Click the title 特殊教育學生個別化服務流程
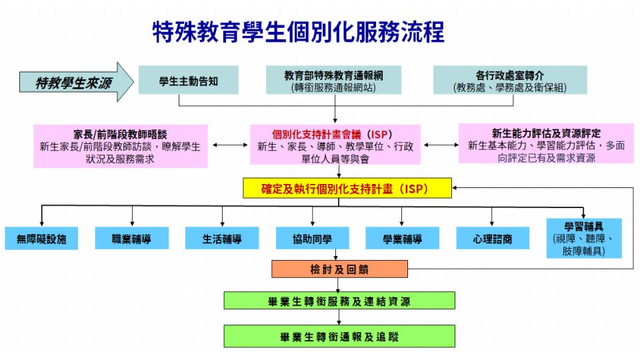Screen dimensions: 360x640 coord(298,32)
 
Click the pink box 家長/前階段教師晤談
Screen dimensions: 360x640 coord(116,145)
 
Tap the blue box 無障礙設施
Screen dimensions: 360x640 coord(42,239)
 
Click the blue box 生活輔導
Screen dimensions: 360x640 coord(221,239)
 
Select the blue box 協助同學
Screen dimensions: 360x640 coord(311,239)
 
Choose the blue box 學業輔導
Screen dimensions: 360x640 coord(402,239)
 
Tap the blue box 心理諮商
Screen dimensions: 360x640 coord(493,239)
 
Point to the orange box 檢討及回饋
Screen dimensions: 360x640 coord(339,270)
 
